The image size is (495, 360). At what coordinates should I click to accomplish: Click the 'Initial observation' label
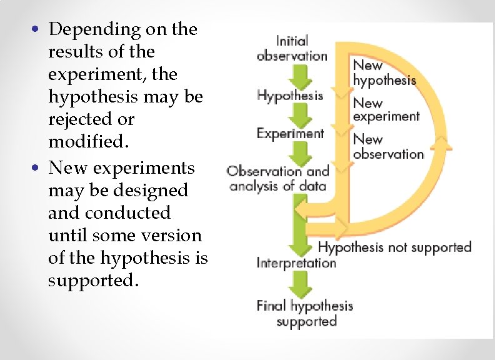pyautogui.click(x=291, y=48)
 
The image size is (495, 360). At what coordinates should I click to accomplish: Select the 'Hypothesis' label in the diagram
pyautogui.click(x=290, y=96)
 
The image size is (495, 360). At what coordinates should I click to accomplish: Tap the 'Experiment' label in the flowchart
pyautogui.click(x=290, y=133)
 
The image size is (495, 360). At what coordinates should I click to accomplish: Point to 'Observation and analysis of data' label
pyautogui.click(x=277, y=178)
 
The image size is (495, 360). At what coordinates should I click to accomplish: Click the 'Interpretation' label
pyautogui.click(x=296, y=262)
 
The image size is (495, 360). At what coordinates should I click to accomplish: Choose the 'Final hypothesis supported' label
pyautogui.click(x=305, y=313)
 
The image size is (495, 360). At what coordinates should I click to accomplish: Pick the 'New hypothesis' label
pyautogui.click(x=384, y=72)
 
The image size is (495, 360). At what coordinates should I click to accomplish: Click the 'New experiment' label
pyautogui.click(x=386, y=109)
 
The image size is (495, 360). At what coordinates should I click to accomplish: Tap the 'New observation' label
pyautogui.click(x=387, y=147)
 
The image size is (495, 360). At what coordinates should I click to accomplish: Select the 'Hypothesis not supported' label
pyautogui.click(x=394, y=247)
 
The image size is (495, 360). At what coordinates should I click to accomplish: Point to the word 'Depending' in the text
pyautogui.click(x=89, y=29)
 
